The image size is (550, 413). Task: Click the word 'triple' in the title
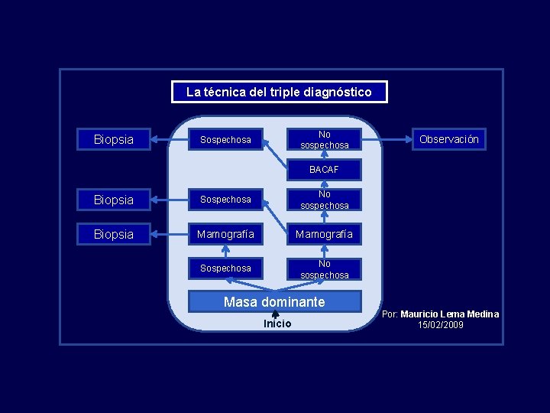coord(283,92)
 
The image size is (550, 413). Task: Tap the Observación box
coord(449,139)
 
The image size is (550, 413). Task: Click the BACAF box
coord(324,169)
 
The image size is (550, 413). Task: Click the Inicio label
coord(277,324)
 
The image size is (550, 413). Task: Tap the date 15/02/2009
coord(441,325)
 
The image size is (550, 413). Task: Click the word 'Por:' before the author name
coord(390,314)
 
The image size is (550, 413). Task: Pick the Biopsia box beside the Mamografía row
coord(113,234)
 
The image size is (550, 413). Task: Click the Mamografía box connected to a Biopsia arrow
coord(225,234)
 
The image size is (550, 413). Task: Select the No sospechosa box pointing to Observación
coord(324,139)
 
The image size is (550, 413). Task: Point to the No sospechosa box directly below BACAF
coord(324,200)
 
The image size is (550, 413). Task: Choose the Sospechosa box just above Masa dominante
coord(225,268)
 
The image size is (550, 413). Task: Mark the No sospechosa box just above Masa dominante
coord(324,268)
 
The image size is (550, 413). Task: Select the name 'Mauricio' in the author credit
coord(424,314)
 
